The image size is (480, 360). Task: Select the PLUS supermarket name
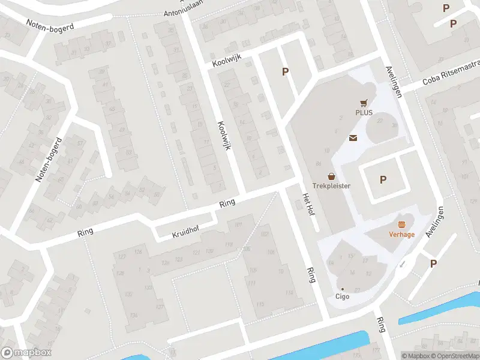pos(364,112)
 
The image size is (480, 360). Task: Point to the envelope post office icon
pos(353,138)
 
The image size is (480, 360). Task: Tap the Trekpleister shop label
pos(331,185)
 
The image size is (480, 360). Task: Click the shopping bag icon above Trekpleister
pos(331,176)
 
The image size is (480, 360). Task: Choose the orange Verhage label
pos(402,234)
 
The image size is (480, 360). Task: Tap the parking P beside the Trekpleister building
pos(383,179)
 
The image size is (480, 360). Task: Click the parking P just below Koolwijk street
pos(286,71)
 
